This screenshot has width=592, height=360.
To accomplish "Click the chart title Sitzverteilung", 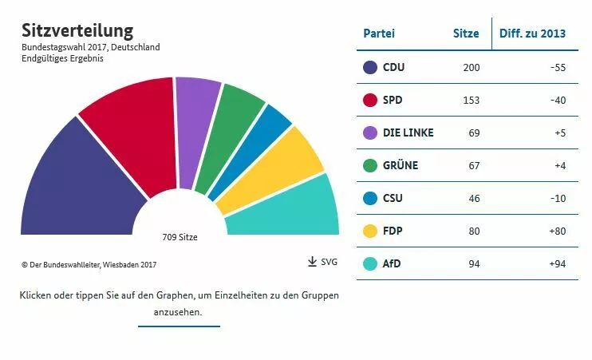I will [x=77, y=30].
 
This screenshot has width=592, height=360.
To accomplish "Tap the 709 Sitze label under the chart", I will [x=180, y=237].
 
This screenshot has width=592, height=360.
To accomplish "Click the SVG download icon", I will [x=313, y=262].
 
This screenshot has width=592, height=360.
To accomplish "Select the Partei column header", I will [x=379, y=34].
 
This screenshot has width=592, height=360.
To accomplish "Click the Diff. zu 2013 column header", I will [x=532, y=34].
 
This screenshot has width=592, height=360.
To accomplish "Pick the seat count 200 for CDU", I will [x=471, y=67].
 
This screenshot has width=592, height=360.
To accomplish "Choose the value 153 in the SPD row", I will [x=471, y=100].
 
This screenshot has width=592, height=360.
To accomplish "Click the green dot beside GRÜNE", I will [x=369, y=165].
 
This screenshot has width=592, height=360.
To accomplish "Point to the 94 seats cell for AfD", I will [x=474, y=263].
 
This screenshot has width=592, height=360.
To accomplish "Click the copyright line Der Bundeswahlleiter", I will [x=89, y=264].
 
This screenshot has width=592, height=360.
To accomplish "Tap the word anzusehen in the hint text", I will [x=179, y=312].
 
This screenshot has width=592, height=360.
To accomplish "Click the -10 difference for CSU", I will [x=557, y=198].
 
